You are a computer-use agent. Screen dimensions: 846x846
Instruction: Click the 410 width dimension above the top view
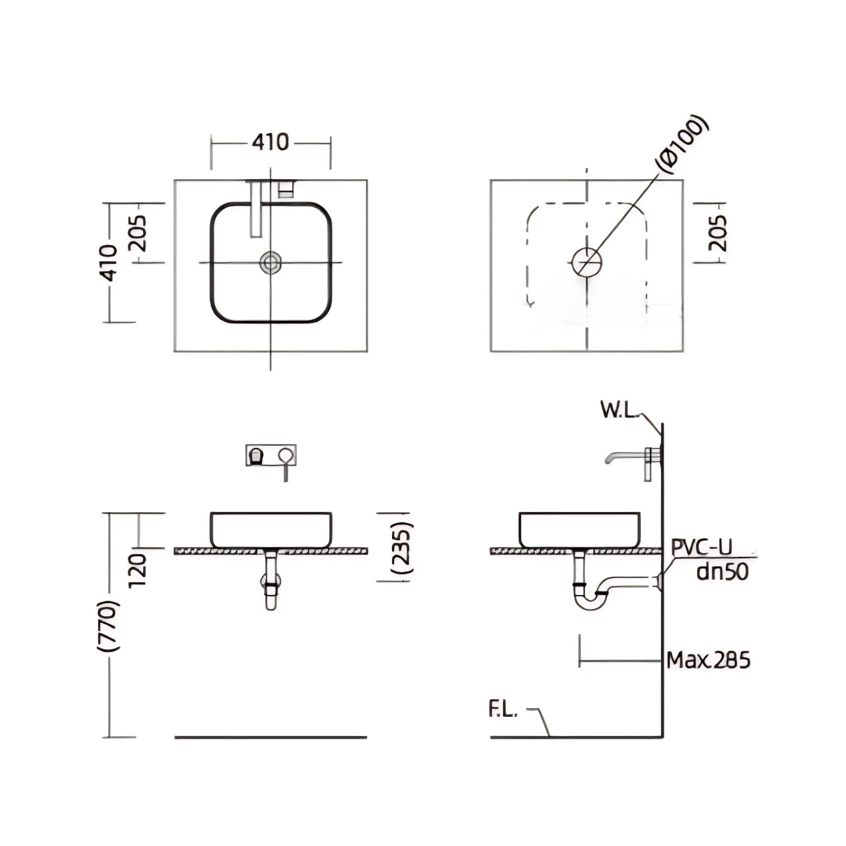(x=270, y=142)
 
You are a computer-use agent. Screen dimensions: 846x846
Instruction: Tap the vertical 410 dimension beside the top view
(x=108, y=262)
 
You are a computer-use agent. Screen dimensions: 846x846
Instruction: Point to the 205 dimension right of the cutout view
(x=717, y=232)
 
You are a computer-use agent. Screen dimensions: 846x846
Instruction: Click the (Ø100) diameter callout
(x=682, y=144)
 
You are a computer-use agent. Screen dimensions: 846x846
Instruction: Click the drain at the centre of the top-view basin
(x=271, y=262)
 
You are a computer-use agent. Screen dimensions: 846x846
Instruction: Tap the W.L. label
(x=619, y=410)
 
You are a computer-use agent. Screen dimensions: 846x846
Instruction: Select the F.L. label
(x=503, y=710)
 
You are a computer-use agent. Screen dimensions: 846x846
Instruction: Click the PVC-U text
(x=702, y=547)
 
